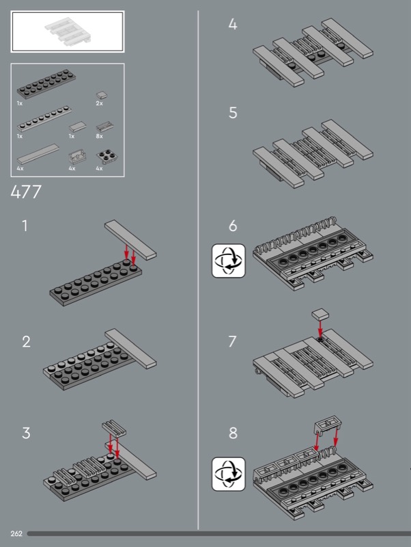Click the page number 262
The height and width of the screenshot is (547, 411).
(16, 533)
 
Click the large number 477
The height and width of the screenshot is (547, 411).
(26, 192)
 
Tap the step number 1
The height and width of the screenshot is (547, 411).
(25, 226)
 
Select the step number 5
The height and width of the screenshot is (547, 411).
(233, 113)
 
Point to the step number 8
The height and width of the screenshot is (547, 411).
(233, 433)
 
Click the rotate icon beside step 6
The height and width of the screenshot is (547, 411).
(229, 261)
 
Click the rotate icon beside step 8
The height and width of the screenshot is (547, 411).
(229, 474)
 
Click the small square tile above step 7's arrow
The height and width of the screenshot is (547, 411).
(320, 314)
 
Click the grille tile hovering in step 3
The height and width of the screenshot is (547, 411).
(114, 428)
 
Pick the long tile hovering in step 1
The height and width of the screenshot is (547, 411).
(130, 240)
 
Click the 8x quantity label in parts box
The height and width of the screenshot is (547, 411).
(99, 136)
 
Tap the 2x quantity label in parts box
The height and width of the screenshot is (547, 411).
(99, 104)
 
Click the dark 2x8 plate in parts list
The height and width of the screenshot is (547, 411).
(46, 83)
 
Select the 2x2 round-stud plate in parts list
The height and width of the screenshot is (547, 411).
(107, 157)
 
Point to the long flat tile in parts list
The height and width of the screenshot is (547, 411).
(38, 154)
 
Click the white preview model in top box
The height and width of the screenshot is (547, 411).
(68, 31)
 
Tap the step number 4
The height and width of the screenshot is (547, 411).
(233, 24)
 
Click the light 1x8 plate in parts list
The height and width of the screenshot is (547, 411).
(44, 118)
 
